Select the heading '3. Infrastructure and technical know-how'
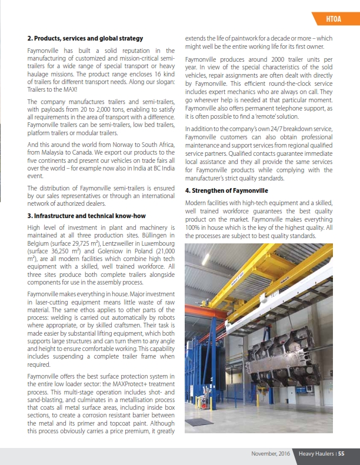click(86, 216)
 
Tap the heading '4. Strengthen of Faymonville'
click(226, 191)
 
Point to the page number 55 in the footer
click(341, 453)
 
